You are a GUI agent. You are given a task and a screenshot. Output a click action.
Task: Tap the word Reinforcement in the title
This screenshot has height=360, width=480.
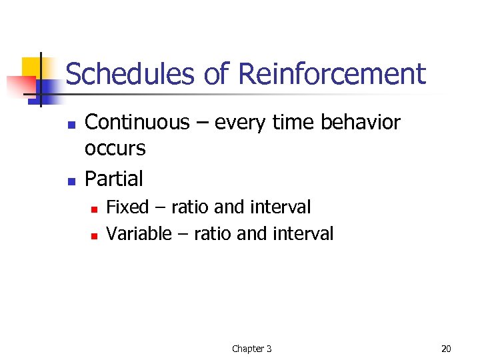(x=331, y=74)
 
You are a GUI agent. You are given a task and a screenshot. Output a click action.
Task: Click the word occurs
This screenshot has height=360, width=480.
(x=115, y=149)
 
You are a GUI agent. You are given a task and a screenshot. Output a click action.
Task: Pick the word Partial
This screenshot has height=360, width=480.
(x=113, y=179)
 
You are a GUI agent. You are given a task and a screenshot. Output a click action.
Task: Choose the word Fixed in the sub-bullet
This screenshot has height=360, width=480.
(x=127, y=207)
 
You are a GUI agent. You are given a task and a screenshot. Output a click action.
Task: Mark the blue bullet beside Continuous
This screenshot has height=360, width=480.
(x=71, y=125)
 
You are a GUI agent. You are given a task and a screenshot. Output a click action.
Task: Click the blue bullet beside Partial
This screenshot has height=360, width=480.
(x=71, y=181)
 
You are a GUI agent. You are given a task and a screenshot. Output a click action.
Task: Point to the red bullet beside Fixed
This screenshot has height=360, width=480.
(x=94, y=209)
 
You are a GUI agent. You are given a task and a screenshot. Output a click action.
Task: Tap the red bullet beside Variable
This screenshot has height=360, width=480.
(x=94, y=235)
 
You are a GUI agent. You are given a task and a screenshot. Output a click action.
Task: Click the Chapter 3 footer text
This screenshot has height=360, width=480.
(x=251, y=349)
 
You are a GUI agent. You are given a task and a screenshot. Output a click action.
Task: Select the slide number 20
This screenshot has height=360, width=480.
(x=446, y=349)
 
